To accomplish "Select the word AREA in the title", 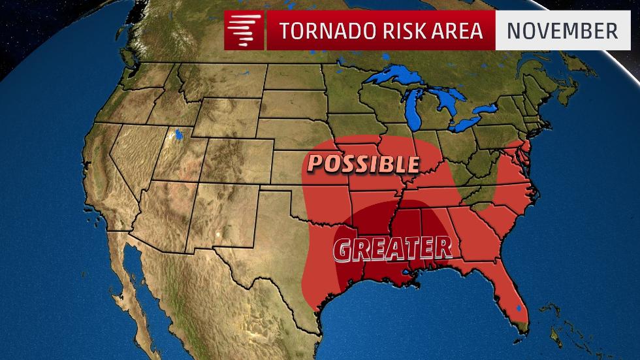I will pos(456,31).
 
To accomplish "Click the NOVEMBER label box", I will pos(562,31).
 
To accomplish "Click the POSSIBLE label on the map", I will pos(362,163).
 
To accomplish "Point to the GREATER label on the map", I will pos(392,248).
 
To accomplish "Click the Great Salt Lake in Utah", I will pos(176,137).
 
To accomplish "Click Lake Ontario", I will pos(496,108).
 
